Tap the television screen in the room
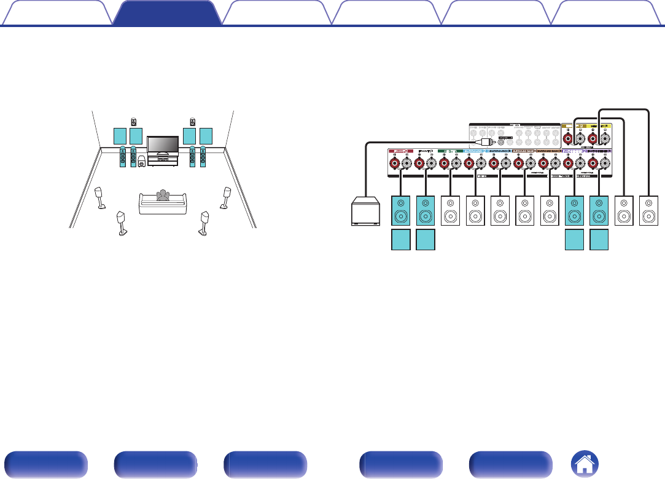coord(163,143)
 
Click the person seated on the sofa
coord(163,196)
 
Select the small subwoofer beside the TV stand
coord(142,161)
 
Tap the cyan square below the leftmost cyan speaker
coord(400,240)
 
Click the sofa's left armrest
coord(142,205)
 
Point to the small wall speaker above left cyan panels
coord(134,121)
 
